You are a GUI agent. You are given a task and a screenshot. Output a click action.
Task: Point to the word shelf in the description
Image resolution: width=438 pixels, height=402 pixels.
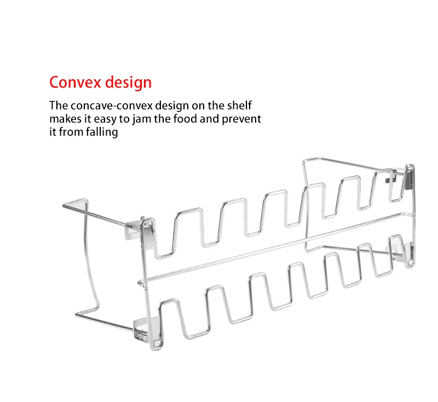click(x=239, y=106)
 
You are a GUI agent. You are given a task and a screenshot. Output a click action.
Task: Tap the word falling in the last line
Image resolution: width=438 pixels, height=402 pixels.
click(x=102, y=132)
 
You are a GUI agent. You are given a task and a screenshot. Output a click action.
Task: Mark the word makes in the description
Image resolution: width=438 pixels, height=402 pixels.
click(x=63, y=119)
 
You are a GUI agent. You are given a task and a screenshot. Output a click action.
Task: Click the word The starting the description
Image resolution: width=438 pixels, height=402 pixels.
click(x=57, y=106)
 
